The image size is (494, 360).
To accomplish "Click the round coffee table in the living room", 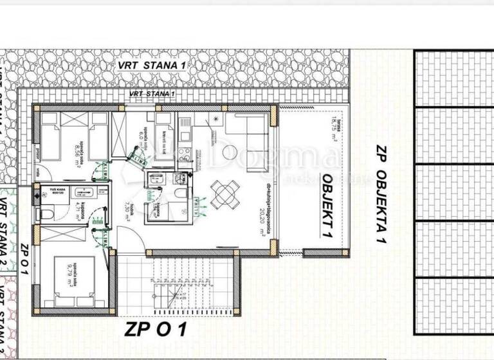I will [230, 152].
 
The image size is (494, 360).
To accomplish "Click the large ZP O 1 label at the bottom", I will [156, 330].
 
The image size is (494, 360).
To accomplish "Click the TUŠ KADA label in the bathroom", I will [51, 190].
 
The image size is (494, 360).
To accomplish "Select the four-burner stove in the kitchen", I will [183, 154].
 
